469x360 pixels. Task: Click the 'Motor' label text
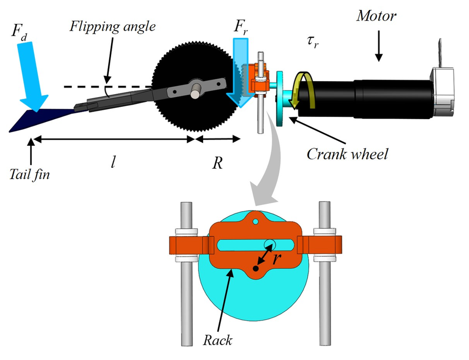(x=376, y=16)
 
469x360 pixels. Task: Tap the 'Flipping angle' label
(x=113, y=26)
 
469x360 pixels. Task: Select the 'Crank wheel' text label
(x=347, y=154)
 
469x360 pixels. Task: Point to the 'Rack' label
(x=218, y=339)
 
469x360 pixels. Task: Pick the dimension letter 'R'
(x=217, y=163)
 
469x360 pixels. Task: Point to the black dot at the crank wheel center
(x=255, y=269)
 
